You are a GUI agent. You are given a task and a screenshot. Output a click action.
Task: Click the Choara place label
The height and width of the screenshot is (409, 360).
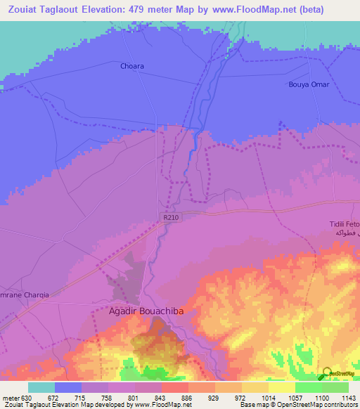131,66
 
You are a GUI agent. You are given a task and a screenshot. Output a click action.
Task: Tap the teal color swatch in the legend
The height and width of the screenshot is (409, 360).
41,387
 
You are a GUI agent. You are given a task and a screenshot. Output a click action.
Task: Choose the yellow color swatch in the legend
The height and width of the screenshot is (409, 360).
281,387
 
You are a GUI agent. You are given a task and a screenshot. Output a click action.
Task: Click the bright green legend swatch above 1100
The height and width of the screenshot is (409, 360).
308,387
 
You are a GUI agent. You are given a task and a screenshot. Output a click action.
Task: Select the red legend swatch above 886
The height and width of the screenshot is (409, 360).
174,387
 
